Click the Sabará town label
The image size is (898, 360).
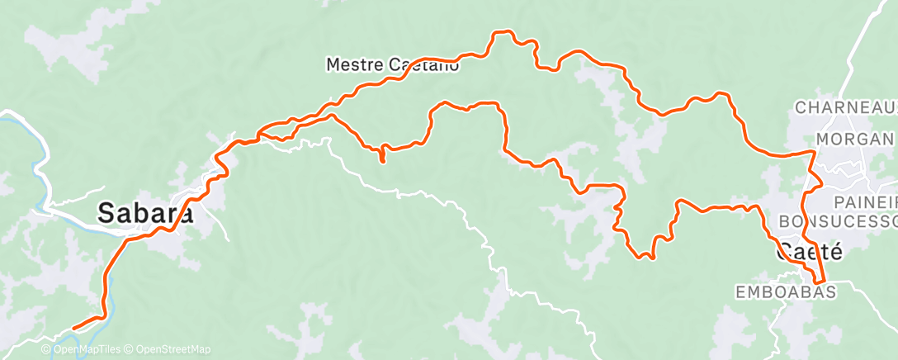[x=146, y=213]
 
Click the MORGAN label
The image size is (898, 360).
[x=855, y=138]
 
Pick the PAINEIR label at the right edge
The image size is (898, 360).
[x=864, y=202]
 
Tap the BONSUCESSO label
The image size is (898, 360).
[x=837, y=222]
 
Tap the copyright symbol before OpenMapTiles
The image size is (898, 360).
[x=46, y=350]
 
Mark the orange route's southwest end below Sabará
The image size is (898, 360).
[x=74, y=328]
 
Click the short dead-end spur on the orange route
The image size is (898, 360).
[x=383, y=159]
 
